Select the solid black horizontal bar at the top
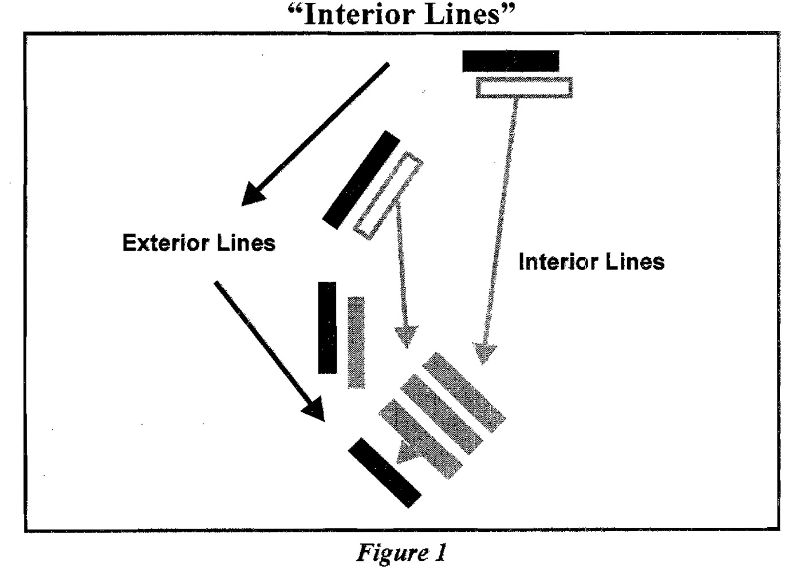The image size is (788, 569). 510,61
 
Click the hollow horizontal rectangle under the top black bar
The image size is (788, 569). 524,88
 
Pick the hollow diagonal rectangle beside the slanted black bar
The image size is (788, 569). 388,195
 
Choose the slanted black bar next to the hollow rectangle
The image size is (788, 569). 361,180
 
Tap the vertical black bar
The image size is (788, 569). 328,327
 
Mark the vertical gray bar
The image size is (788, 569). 356,342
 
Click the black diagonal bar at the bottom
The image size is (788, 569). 385,472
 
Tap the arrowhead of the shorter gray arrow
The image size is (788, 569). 406,337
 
